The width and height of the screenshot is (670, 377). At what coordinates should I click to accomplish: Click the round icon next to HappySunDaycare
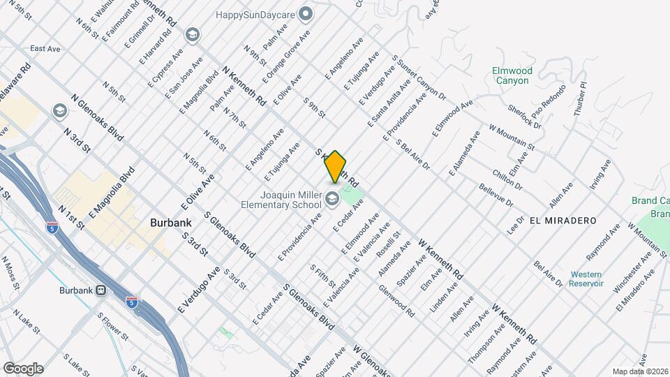point(305,13)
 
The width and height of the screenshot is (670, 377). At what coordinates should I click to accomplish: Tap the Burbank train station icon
point(100,290)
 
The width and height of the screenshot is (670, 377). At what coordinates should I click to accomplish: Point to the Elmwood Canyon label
point(512,75)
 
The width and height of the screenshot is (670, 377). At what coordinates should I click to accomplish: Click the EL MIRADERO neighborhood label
point(563,220)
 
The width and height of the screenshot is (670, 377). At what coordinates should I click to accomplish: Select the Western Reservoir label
point(586,279)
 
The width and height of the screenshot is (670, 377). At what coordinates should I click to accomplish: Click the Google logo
point(23,368)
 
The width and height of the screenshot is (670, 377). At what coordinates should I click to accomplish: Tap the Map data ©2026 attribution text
point(640,371)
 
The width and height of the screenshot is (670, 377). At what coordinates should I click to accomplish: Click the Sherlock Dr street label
point(525,116)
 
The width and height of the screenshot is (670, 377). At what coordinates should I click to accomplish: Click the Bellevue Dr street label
point(496,195)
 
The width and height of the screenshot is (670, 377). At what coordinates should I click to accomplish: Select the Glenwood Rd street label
point(396,302)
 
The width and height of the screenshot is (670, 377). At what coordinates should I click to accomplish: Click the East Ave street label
point(45,49)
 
